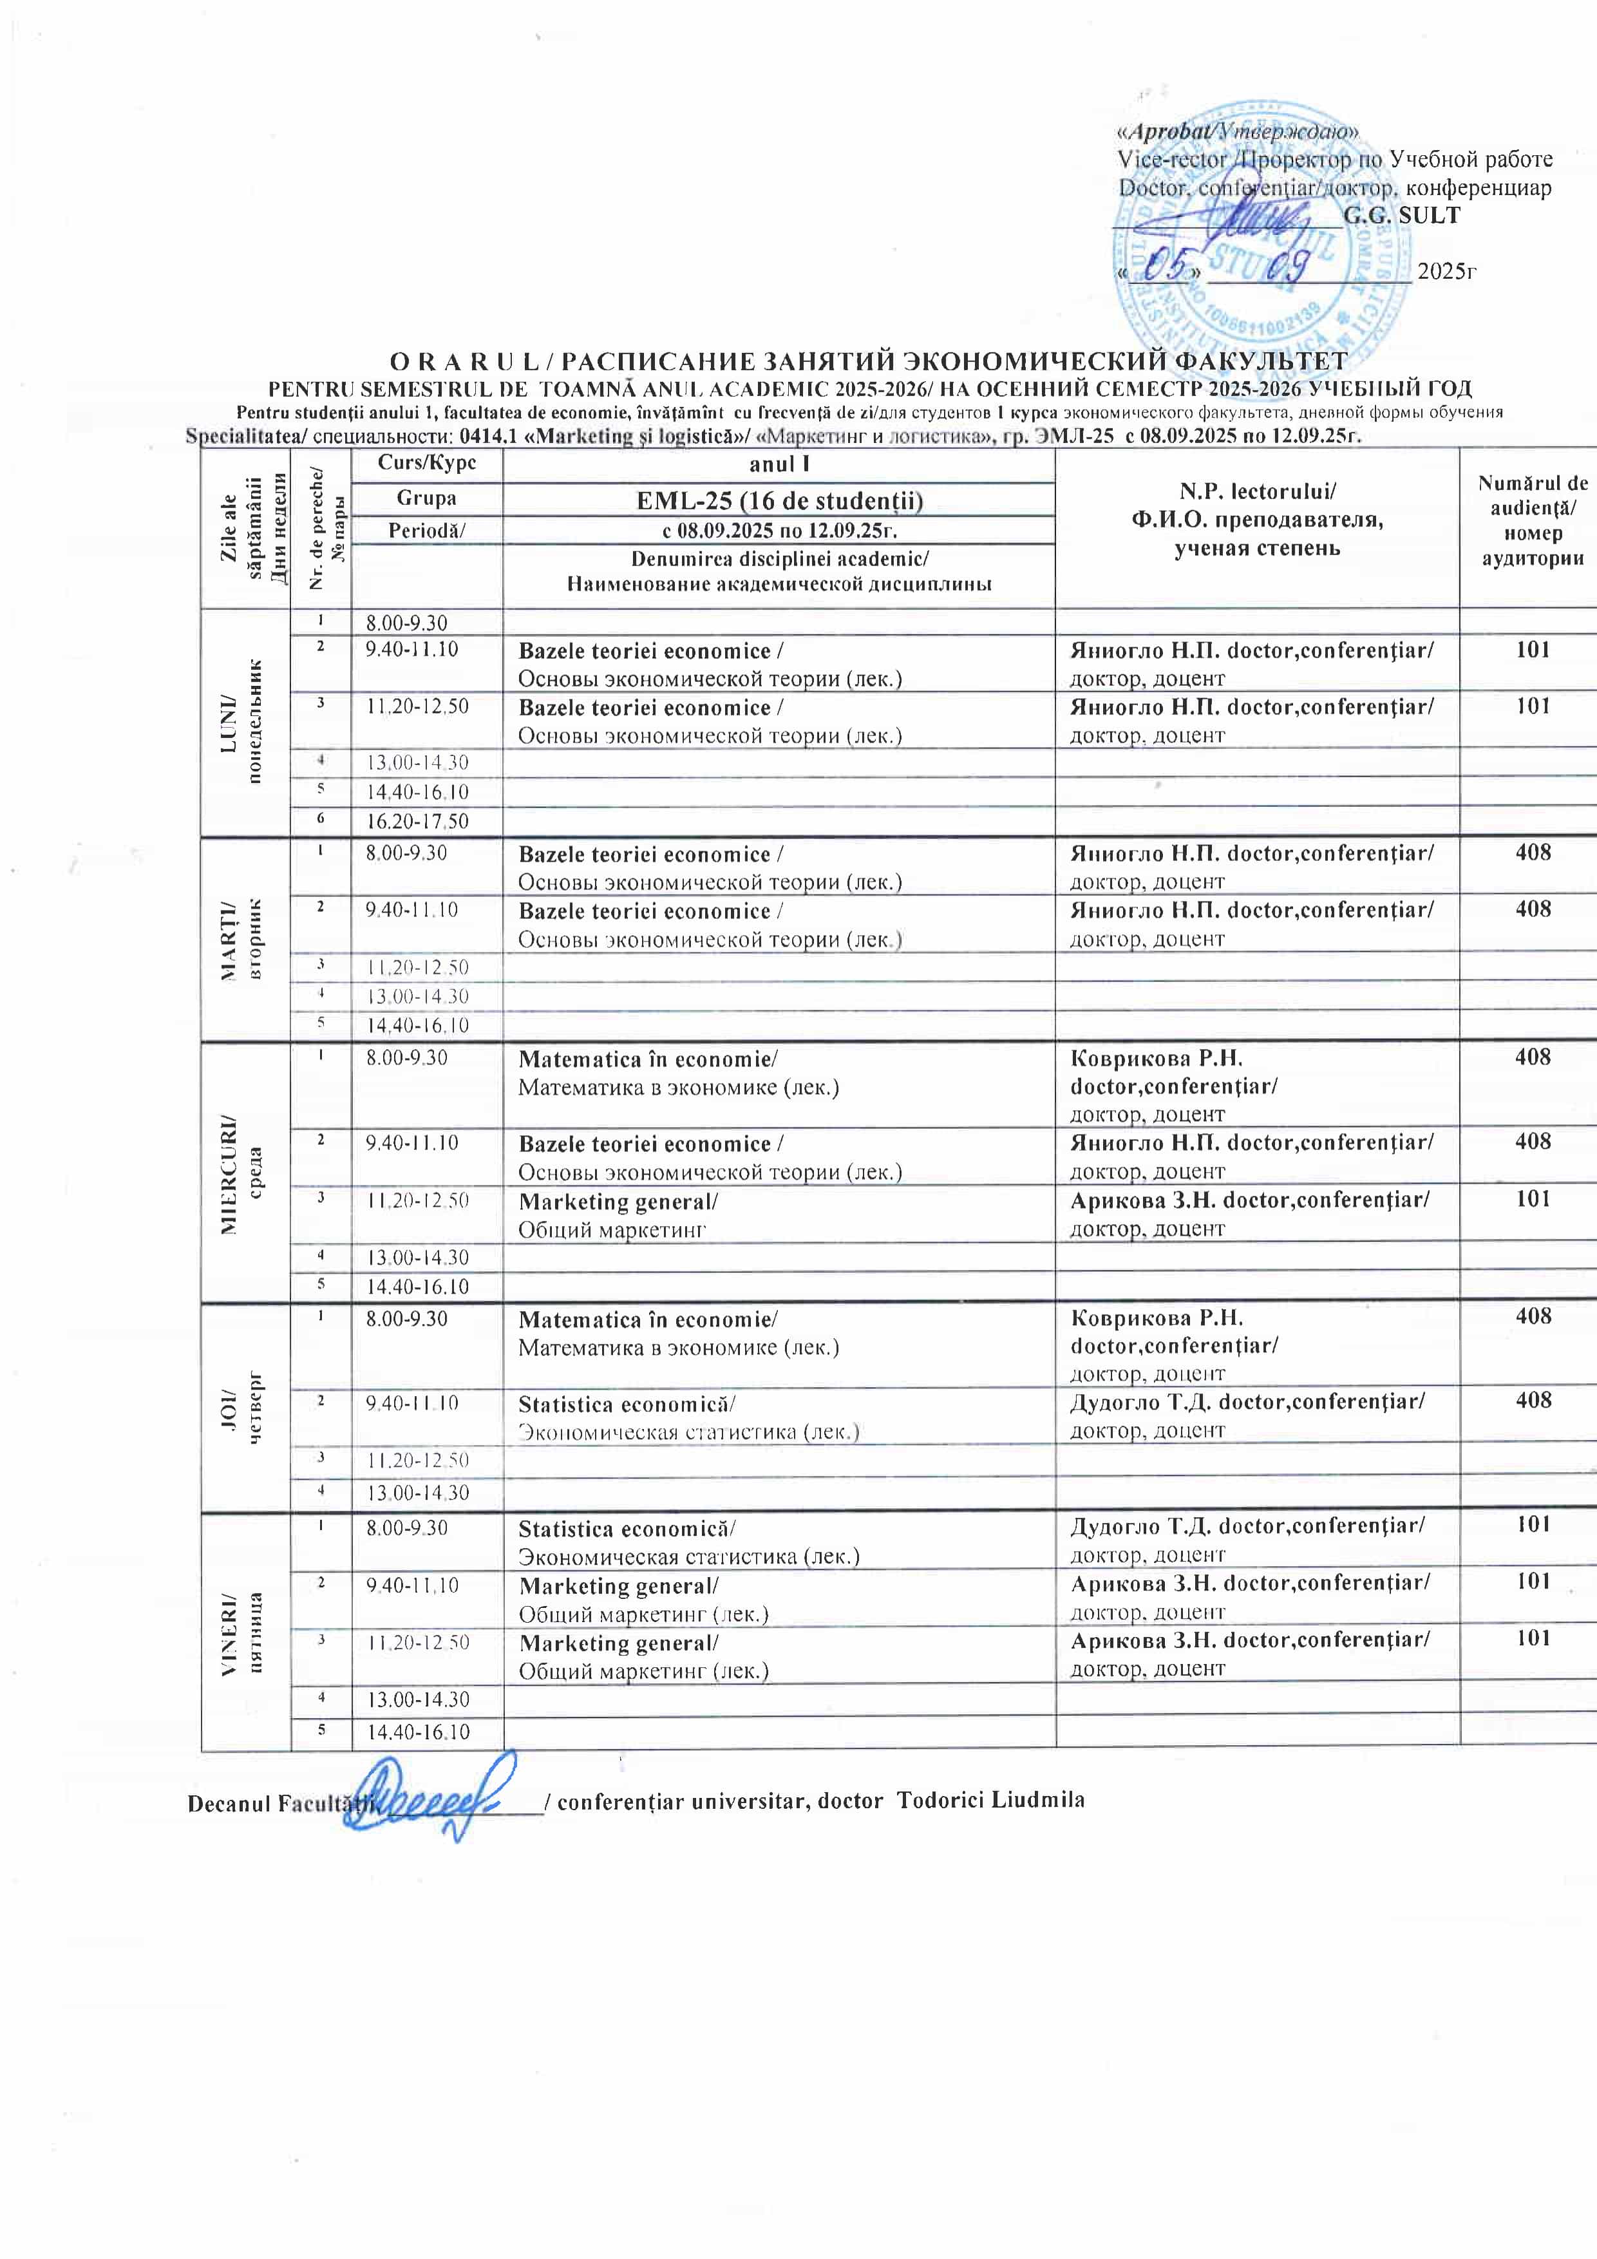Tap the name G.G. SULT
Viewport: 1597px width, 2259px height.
pyautogui.click(x=1401, y=216)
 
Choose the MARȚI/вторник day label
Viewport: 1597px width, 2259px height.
pyautogui.click(x=245, y=939)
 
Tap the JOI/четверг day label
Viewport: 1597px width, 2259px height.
pyautogui.click(x=245, y=1408)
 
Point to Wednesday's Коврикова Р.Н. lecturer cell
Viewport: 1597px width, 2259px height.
pyautogui.click(x=1256, y=1085)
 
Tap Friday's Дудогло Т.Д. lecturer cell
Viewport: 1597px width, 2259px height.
pyautogui.click(x=1256, y=1540)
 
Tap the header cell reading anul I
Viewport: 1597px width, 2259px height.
pyautogui.click(x=779, y=464)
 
